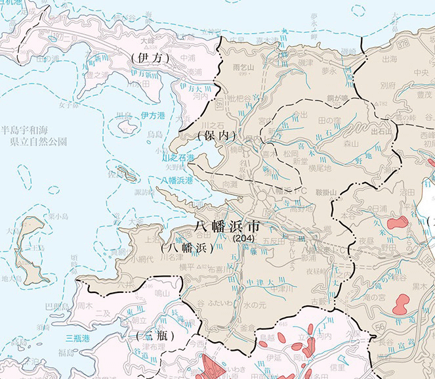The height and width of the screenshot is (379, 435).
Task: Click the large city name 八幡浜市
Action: (227, 226)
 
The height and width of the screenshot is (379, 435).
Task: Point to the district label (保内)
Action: (215, 135)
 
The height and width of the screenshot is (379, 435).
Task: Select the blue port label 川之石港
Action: (178, 158)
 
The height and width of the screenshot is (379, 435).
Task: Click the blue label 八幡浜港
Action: (178, 180)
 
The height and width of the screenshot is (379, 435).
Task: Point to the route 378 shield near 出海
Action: (396, 44)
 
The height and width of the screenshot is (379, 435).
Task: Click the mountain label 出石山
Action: (381, 130)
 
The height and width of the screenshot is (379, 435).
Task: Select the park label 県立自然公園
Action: (33, 141)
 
